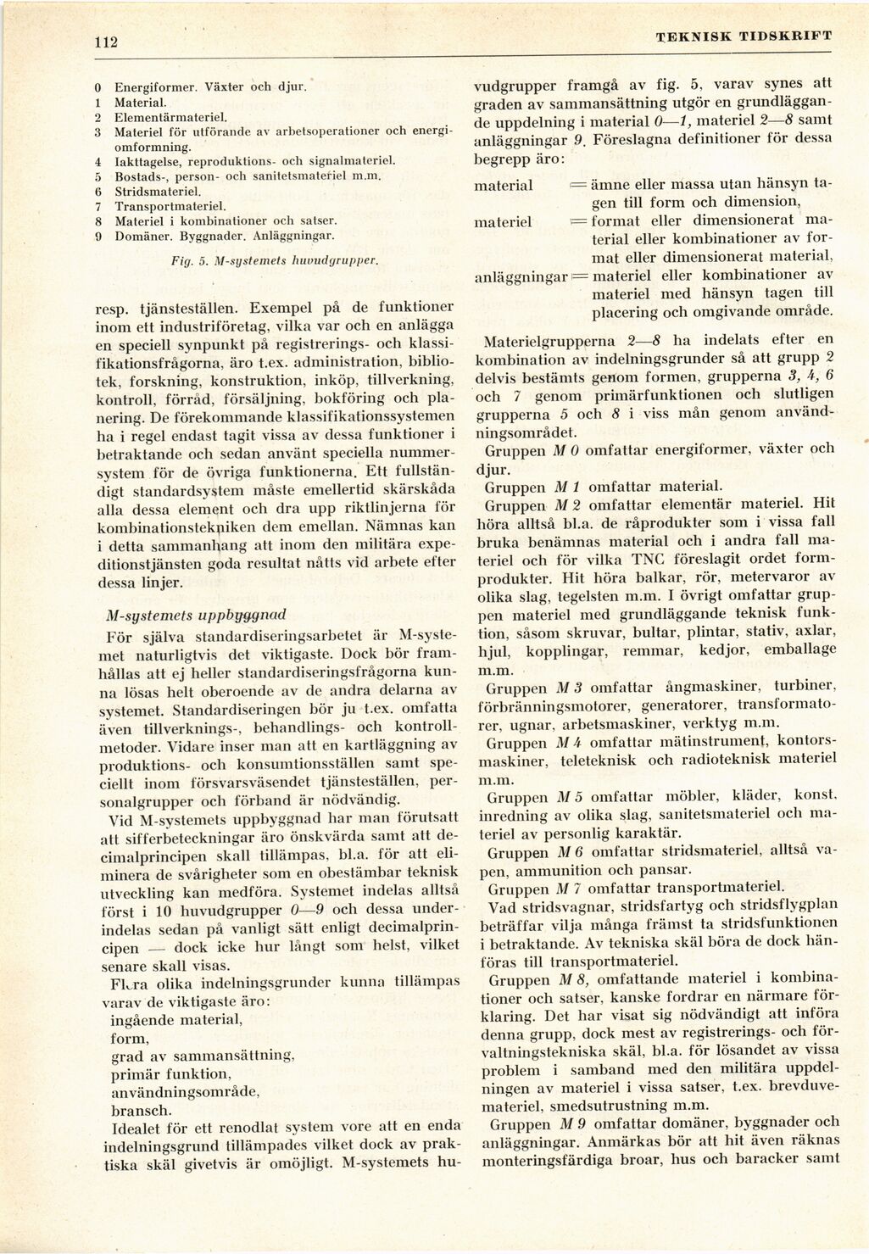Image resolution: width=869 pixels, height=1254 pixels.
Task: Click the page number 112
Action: coord(105,43)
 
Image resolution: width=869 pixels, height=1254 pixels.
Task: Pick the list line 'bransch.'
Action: coord(142,1110)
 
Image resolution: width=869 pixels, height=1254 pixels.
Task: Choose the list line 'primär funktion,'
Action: coord(170,1073)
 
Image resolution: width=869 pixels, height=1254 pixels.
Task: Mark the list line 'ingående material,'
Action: coord(177,1020)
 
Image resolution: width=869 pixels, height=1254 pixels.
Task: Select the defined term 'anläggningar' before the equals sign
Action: coord(520,276)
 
